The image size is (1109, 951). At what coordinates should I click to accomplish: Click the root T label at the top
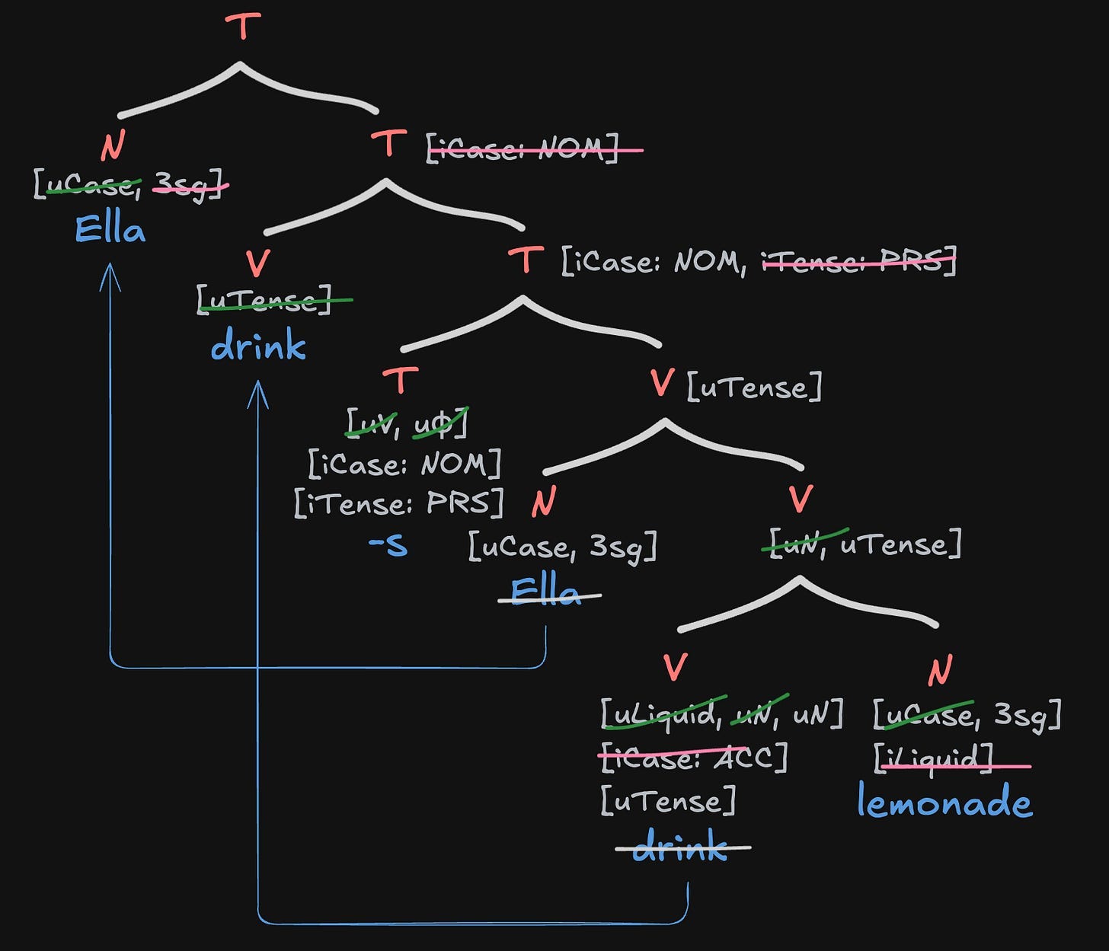coord(243,27)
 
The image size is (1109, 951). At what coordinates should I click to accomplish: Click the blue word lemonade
coord(944,802)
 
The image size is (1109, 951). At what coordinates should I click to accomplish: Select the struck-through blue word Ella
coord(547,592)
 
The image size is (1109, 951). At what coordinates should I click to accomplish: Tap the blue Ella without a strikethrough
coord(110,229)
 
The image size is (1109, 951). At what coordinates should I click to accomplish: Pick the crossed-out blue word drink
coord(680,846)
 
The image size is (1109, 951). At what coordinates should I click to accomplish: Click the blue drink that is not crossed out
coord(258,346)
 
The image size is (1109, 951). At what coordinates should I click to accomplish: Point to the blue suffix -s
coord(388,545)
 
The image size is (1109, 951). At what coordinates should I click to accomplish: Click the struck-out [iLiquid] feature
coord(934,759)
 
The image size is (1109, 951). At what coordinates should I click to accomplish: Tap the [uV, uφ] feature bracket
coord(407,423)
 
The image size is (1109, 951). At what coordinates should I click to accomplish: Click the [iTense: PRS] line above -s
coord(399,503)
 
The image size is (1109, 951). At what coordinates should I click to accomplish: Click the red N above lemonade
coord(940,670)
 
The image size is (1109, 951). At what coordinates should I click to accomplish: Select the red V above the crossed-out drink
coord(675,668)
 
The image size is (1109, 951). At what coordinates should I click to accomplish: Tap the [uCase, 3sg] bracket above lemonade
coord(967,714)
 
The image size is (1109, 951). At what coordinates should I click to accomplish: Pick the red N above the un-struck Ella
coord(113,145)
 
